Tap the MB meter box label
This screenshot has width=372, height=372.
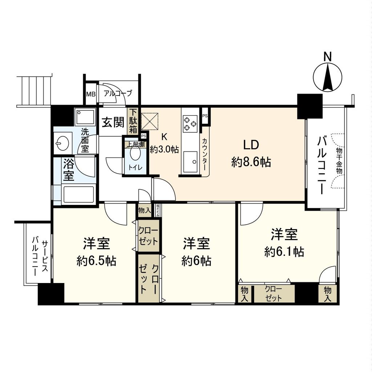click(x=91, y=94)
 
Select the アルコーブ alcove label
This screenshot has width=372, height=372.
click(x=118, y=93)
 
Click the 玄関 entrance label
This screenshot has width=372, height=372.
click(x=113, y=123)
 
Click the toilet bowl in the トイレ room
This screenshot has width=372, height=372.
click(x=135, y=155)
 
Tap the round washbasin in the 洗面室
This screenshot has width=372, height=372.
click(x=62, y=143)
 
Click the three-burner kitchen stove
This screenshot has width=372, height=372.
click(x=190, y=122)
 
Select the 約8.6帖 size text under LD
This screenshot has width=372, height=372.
click(x=251, y=162)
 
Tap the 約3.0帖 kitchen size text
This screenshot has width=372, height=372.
click(x=165, y=149)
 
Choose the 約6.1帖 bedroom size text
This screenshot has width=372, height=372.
click(x=284, y=251)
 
